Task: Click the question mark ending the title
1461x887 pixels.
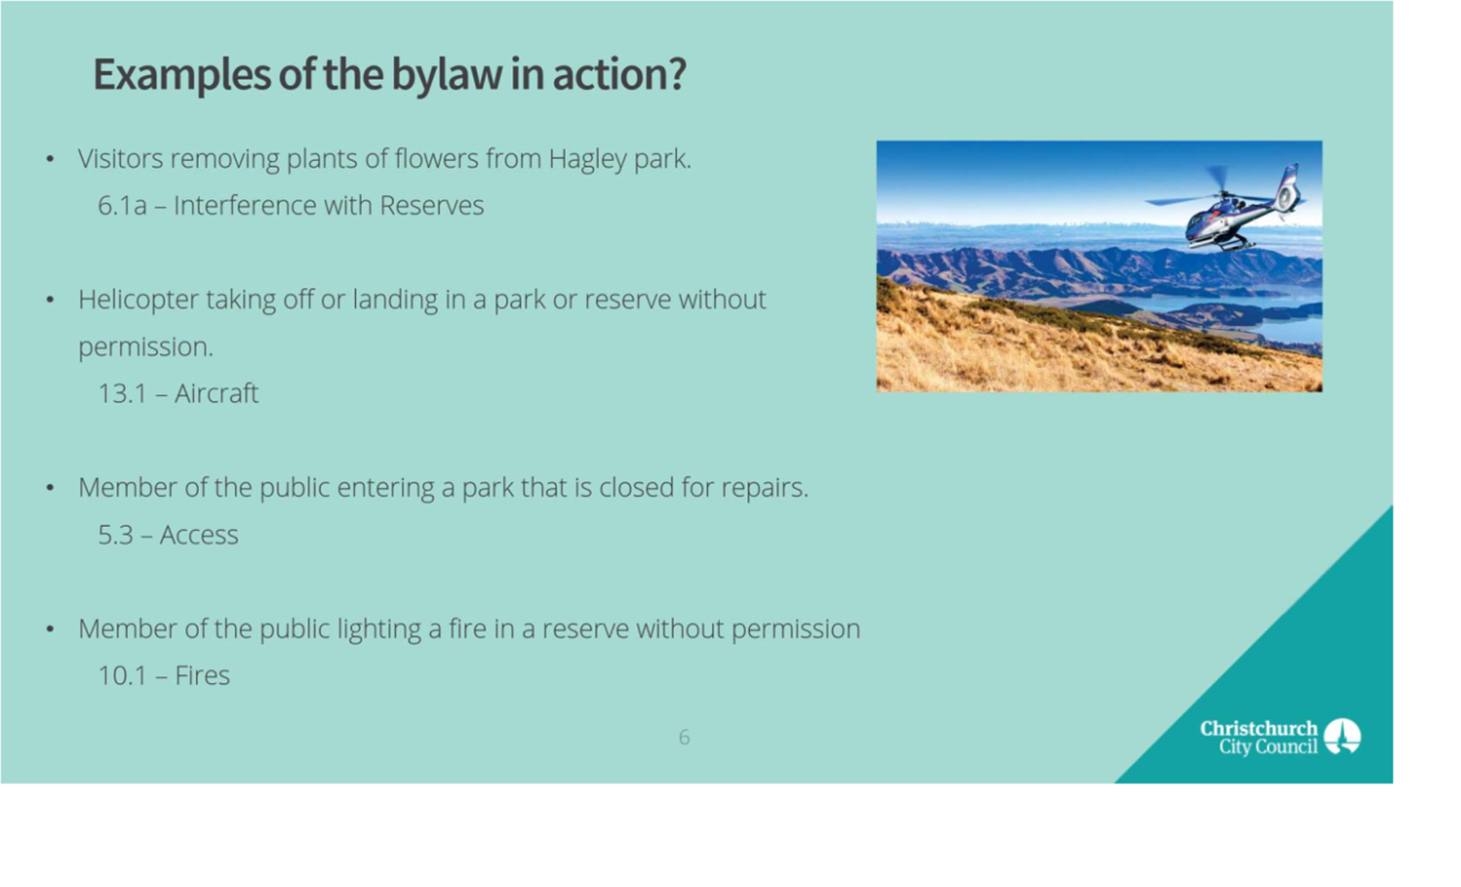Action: [x=677, y=74]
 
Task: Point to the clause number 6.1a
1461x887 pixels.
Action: [x=122, y=207]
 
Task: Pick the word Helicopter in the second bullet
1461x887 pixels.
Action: [x=139, y=301]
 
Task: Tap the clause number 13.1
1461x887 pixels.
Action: [x=122, y=394]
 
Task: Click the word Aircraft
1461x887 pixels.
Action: [x=216, y=394]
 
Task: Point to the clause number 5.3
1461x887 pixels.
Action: [x=115, y=535]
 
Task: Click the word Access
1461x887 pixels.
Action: [x=199, y=535]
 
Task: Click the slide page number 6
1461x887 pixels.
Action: [x=684, y=738]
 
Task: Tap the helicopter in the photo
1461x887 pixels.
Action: [x=1226, y=208]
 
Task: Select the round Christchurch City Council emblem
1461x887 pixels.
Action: [x=1343, y=737]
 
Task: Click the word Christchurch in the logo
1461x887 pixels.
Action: [x=1259, y=729]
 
